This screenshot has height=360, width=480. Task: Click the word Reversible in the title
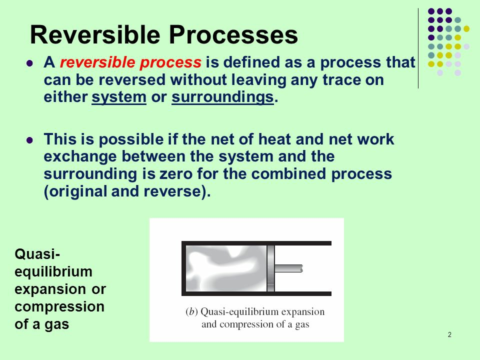[95, 34]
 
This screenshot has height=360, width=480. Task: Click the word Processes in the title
[233, 34]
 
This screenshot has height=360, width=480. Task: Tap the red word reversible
[97, 62]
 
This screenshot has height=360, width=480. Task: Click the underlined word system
[119, 97]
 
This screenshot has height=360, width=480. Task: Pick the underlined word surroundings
[222, 97]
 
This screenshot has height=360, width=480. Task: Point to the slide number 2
[449, 334]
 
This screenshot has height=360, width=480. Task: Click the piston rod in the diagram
[288, 268]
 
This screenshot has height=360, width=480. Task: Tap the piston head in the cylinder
[270, 268]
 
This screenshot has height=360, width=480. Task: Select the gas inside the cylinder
[226, 268]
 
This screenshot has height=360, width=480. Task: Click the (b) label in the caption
[191, 311]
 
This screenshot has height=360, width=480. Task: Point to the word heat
[274, 139]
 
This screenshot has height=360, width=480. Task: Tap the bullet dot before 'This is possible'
[29, 140]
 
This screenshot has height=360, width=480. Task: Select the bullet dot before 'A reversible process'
[29, 63]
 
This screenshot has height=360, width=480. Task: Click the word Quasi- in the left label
[37, 254]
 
